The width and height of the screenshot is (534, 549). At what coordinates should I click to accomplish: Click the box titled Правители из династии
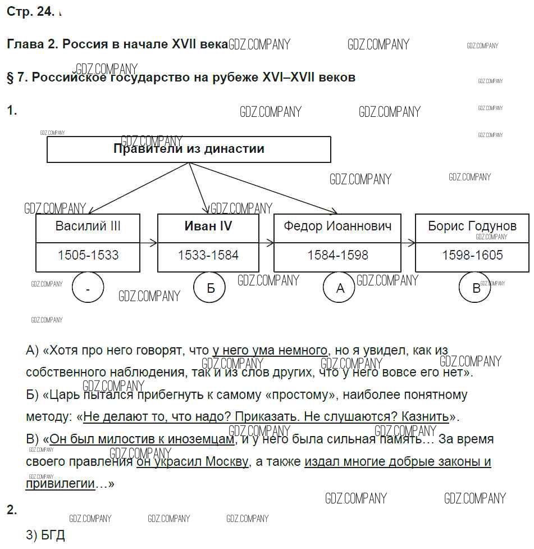[x=189, y=149]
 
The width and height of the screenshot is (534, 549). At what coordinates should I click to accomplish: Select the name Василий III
[x=88, y=226]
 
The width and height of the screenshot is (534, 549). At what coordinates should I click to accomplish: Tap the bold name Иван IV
[x=208, y=226]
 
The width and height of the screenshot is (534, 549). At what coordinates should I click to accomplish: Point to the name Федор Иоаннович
[x=337, y=226]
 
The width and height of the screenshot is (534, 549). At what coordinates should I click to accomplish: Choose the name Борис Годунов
[x=472, y=226]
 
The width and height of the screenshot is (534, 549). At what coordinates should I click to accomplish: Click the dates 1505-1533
[x=88, y=255]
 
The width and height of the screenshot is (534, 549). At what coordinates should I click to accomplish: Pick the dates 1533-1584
[x=208, y=255]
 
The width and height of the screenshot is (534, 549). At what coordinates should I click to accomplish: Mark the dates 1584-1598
[x=337, y=255]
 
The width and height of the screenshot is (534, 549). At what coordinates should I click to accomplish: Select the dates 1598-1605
[x=472, y=255]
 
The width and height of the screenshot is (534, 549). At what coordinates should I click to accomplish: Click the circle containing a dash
[x=88, y=288]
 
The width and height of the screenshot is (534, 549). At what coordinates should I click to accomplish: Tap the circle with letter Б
[x=211, y=288]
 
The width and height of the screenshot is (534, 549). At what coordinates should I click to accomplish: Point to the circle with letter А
[x=340, y=288]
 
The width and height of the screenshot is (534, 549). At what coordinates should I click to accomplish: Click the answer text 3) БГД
[x=45, y=535]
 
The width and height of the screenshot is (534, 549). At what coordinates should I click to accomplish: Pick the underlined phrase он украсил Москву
[x=192, y=462]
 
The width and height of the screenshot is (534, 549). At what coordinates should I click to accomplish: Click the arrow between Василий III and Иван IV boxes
[x=149, y=243]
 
